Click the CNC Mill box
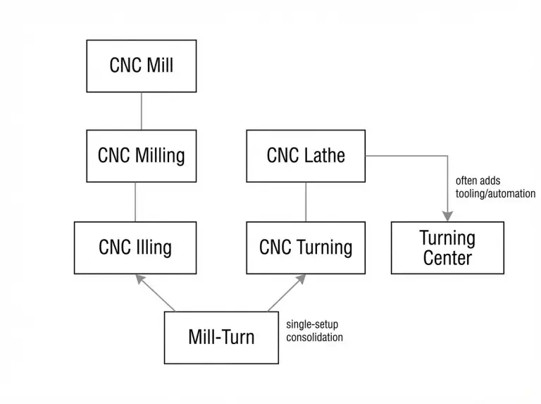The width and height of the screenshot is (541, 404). pos(141,66)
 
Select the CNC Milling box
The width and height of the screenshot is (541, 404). pos(141,155)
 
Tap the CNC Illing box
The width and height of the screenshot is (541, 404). pos(135,247)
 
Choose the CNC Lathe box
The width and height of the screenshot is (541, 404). pos(306,155)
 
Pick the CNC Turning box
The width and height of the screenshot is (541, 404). pos(306,247)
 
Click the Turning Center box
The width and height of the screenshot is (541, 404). pos(447,247)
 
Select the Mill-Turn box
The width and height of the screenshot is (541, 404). pos(221,337)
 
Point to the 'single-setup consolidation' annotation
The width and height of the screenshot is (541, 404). pos(314,331)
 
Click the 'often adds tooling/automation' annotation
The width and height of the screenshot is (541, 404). pos(495,187)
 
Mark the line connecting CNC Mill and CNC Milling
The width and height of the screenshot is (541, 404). pos(141,111)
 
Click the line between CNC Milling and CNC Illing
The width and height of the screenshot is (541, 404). pos(135,202)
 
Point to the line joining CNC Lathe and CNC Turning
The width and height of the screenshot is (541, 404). pos(306,202)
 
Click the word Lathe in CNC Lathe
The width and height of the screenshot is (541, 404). pos(325,155)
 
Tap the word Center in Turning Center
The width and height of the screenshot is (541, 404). pos(447,258)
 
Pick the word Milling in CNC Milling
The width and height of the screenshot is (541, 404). pos(160,155)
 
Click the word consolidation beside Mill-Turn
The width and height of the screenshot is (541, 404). pos(314,338)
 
